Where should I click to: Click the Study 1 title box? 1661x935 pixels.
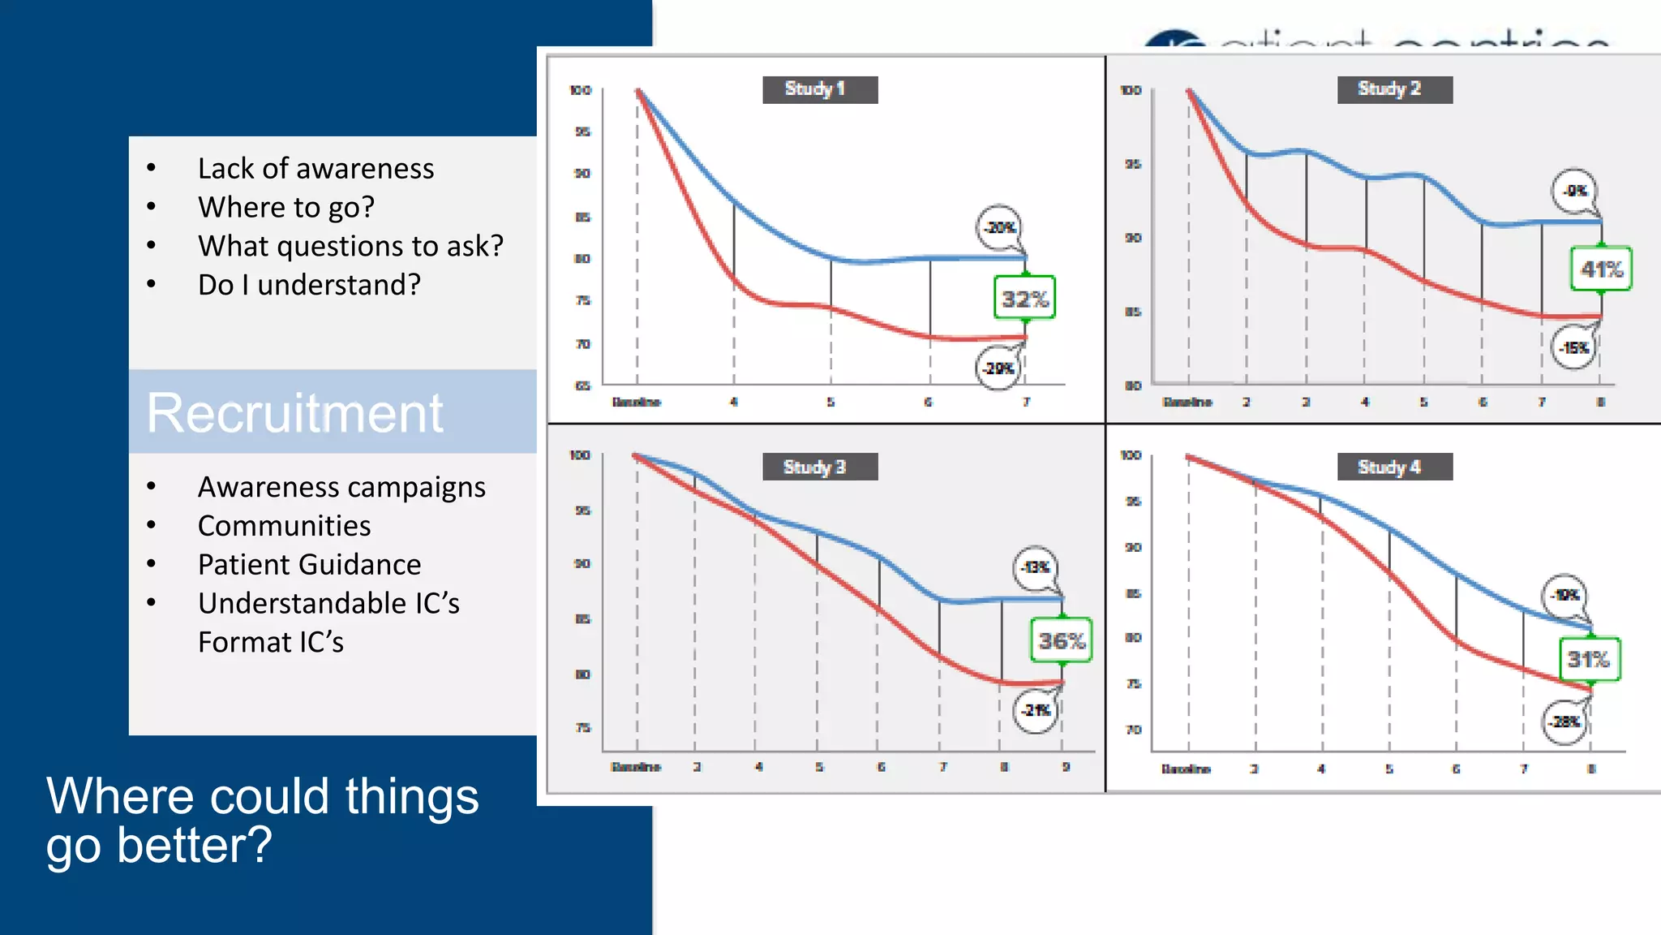(819, 89)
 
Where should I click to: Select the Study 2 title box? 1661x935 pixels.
(1394, 89)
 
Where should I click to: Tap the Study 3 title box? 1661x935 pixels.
(819, 467)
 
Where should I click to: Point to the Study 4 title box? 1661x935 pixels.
(1394, 467)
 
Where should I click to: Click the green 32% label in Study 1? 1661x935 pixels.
(1024, 299)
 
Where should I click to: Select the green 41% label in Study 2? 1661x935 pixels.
(1601, 269)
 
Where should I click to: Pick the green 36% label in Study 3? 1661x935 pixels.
(1061, 640)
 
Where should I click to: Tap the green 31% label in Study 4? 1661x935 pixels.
(1589, 659)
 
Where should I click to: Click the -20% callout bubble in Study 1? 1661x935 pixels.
(999, 227)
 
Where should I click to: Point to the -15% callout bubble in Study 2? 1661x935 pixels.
(1574, 347)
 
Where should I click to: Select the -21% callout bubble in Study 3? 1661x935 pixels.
(1036, 710)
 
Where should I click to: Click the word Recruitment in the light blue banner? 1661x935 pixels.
(294, 413)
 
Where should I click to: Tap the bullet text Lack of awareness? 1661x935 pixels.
(315, 169)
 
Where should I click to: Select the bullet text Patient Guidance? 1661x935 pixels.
(309, 565)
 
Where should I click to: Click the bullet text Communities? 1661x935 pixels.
(284, 526)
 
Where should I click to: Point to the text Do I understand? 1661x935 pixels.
(309, 285)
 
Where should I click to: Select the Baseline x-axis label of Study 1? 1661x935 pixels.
(636, 402)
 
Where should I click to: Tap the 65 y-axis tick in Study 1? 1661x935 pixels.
(582, 386)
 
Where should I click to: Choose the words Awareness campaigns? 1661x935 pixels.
(341, 487)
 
